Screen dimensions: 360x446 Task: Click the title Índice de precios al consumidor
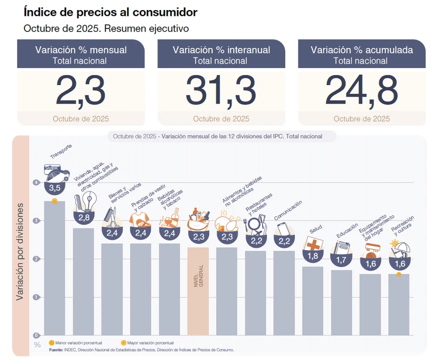[111, 12]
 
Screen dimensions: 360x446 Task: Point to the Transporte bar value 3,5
[55, 188]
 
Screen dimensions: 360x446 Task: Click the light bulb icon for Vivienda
[90, 200]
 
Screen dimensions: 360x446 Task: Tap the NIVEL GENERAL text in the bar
[198, 275]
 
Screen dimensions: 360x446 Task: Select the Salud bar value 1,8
[312, 256]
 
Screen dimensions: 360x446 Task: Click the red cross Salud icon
[312, 244]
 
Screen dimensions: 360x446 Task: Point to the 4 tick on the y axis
[37, 182]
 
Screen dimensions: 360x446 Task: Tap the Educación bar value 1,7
[341, 260]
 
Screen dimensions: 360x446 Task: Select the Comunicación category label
[288, 211]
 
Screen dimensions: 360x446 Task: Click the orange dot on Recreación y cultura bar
[398, 274]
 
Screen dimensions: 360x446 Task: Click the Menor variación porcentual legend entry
[75, 343]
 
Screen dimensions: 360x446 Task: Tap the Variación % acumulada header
[361, 50]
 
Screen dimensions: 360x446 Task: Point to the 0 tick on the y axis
[37, 335]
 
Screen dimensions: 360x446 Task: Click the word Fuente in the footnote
[56, 350]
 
